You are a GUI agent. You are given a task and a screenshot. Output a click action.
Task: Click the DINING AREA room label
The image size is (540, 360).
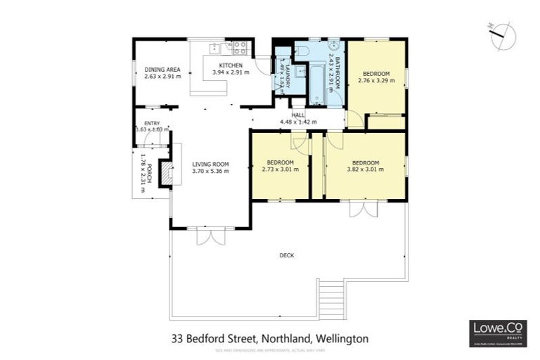pos(162,69)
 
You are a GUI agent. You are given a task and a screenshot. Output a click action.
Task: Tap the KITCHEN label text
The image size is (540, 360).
pos(231,65)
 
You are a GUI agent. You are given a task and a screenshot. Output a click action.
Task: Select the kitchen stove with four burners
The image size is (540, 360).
pos(239,48)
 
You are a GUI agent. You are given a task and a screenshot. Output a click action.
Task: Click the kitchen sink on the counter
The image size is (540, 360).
pos(216,49)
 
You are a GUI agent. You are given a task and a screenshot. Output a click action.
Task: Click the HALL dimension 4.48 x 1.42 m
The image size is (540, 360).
pos(298,122)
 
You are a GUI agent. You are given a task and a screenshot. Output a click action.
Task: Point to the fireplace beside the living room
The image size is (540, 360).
pos(166,173)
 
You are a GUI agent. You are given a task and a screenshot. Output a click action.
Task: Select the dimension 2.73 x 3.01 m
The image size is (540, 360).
pos(281,169)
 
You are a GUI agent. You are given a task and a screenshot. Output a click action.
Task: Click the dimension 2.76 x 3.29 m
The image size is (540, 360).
pos(376,81)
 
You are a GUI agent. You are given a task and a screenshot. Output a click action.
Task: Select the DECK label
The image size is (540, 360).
pos(286,255)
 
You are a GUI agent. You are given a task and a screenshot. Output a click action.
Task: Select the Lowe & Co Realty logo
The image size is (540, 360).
pos(497,333)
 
